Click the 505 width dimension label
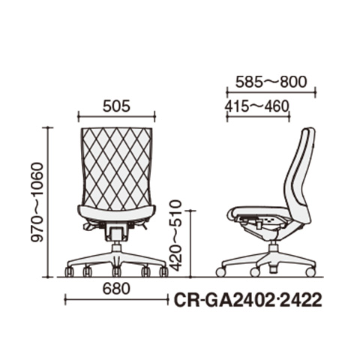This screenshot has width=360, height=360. point(116,106)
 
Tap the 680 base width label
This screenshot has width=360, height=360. point(116,289)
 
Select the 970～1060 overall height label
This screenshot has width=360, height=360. point(37,202)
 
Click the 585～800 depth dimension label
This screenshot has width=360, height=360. point(271,82)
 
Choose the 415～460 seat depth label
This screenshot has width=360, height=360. point(256,106)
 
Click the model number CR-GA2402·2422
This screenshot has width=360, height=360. point(247,300)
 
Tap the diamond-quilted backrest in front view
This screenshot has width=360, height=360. point(116,167)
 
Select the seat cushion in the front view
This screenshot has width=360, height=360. point(116,212)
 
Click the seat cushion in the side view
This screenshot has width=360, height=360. point(260,211)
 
